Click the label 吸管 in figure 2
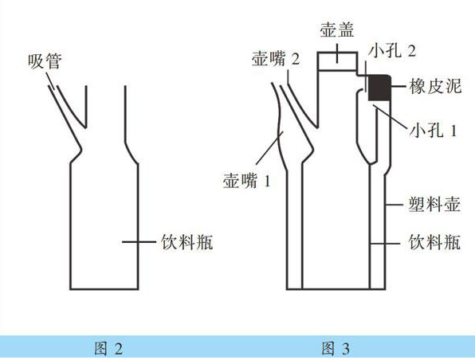click(45, 61)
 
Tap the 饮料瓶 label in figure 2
click(187, 242)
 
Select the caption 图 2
click(108, 349)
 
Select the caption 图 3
click(336, 349)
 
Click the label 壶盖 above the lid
click(337, 29)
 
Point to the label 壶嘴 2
click(276, 58)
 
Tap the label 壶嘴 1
click(246, 181)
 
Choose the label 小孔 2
click(392, 51)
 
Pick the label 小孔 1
click(433, 131)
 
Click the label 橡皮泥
click(435, 86)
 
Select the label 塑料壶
click(434, 205)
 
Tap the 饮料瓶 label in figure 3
click(434, 242)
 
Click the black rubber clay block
click(379, 88)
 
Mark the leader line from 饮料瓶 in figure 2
click(139, 241)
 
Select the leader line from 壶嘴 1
click(269, 147)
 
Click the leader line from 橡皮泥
click(398, 86)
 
